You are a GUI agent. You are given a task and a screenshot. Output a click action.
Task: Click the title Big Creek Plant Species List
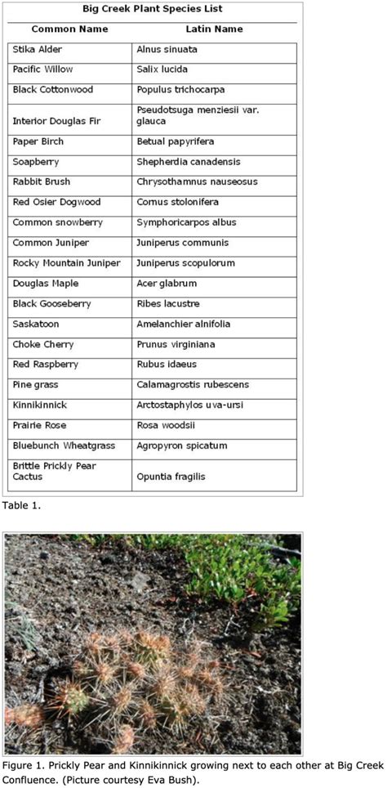pos(152,9)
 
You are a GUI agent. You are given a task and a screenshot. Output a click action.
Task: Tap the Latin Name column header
pos(214,29)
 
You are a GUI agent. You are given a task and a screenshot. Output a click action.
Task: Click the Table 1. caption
pos(20,506)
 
